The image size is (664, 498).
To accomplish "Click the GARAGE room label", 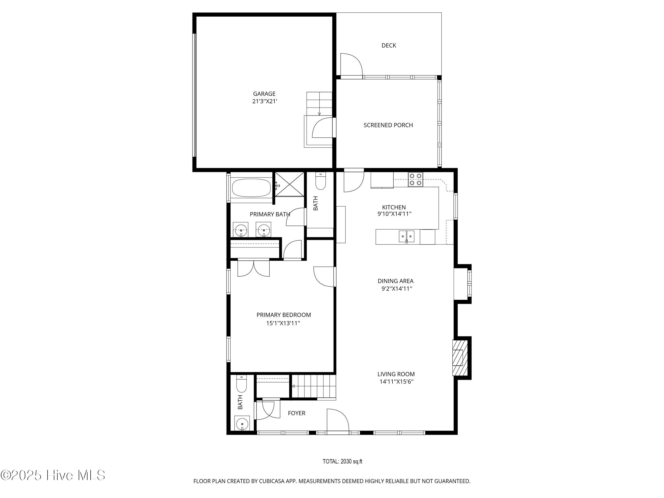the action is coord(264,94).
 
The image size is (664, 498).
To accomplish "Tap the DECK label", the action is coord(389,45).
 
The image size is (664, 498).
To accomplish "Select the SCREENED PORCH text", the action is coord(388,125).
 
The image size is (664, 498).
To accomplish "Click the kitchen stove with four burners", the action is coord(415,180).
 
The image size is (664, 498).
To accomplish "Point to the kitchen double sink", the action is coord(407,236).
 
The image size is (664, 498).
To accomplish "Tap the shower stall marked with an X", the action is coord(290,184).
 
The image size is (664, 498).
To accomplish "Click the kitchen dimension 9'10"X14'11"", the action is coord(394,214).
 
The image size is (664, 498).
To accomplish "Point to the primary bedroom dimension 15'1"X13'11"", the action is coord(283,323).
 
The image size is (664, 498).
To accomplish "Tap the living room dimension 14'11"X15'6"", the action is coord(396,382).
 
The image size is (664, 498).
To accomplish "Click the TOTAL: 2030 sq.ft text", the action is coord(343,461).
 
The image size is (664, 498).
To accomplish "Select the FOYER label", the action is coord(297,413).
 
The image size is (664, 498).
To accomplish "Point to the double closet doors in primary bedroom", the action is coord(254,268).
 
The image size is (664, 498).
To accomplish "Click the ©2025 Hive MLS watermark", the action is coord(53,475).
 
